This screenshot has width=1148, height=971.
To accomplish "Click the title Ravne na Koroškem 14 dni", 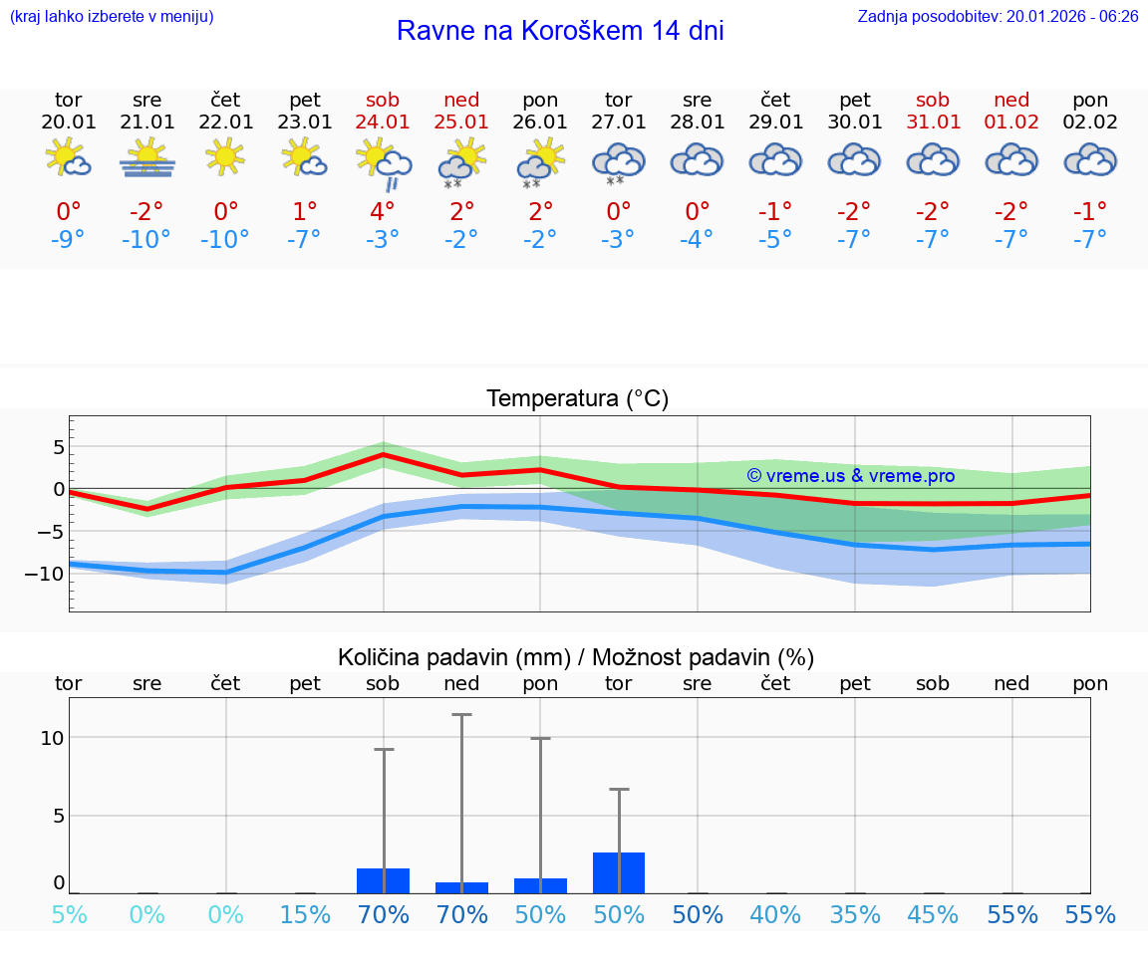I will click(x=560, y=31).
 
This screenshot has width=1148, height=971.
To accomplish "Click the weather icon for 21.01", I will click(x=147, y=157).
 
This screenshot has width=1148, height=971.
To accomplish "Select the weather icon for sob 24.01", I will click(x=384, y=161).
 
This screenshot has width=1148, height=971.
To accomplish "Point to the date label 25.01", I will click(x=461, y=122).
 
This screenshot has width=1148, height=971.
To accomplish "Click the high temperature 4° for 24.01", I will click(x=383, y=211).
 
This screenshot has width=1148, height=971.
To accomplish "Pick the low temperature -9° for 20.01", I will click(x=68, y=240).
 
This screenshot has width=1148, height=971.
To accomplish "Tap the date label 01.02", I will click(x=1012, y=122).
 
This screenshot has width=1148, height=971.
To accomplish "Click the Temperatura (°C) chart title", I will click(x=577, y=399).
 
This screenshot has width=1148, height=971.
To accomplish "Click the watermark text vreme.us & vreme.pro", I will click(x=851, y=476).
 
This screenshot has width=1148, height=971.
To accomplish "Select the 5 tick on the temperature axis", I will click(x=58, y=447).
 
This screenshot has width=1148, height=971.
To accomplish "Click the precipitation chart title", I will click(x=576, y=657).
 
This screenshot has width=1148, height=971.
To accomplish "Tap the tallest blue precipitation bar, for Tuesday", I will click(x=619, y=873).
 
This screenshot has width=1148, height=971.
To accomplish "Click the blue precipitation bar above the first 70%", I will click(x=384, y=881).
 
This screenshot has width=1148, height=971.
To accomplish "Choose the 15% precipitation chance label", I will click(x=305, y=915).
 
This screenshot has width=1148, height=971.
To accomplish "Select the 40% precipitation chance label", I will click(x=775, y=915).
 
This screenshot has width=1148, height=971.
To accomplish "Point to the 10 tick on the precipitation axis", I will click(x=52, y=738).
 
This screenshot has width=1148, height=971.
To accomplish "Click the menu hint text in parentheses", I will click(x=112, y=17).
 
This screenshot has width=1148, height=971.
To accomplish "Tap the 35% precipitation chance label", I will click(x=855, y=915).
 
